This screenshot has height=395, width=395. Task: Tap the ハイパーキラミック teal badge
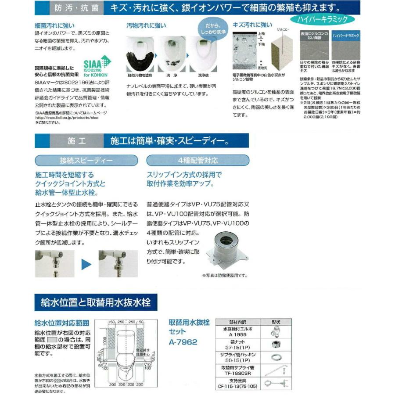pos(323,19)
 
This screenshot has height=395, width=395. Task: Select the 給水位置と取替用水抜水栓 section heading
pos(93,302)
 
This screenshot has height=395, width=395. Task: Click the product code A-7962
pos(183,342)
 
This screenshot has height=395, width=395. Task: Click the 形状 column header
pos(278,322)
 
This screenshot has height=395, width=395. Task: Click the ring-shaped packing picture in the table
pos(278,356)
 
